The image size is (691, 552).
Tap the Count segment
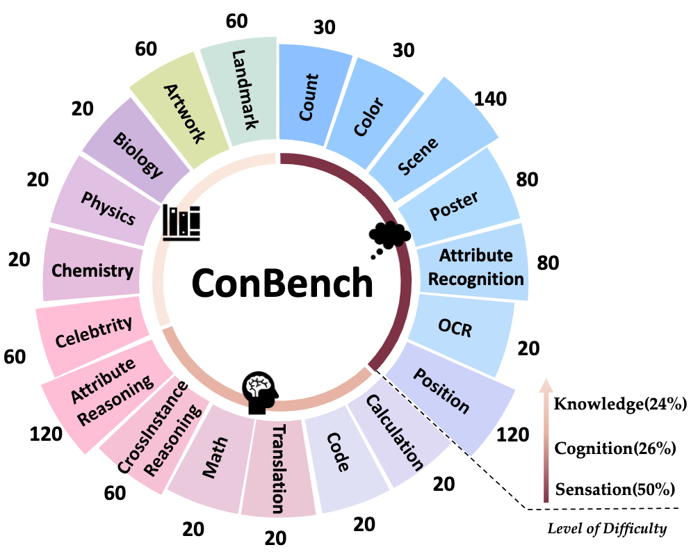point(313,95)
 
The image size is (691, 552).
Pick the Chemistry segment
point(92,270)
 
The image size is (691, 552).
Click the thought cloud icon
point(389,237)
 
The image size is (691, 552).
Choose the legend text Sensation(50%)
point(615,489)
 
